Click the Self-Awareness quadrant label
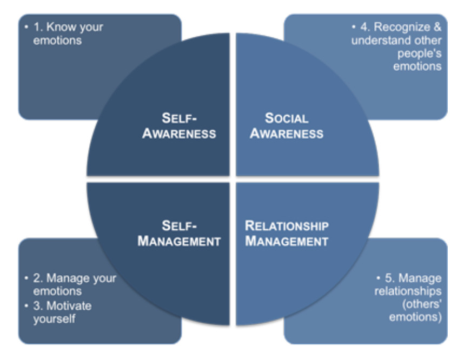pos(179,125)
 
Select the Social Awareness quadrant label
pos(287,125)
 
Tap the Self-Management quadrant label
pos(179,233)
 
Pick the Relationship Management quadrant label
pos(287,233)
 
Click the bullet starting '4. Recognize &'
pos(396,46)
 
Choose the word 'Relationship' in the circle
pos(287,225)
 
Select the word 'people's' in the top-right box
pos(420,54)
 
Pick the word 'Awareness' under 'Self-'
pos(179,133)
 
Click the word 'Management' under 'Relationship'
pos(287,241)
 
